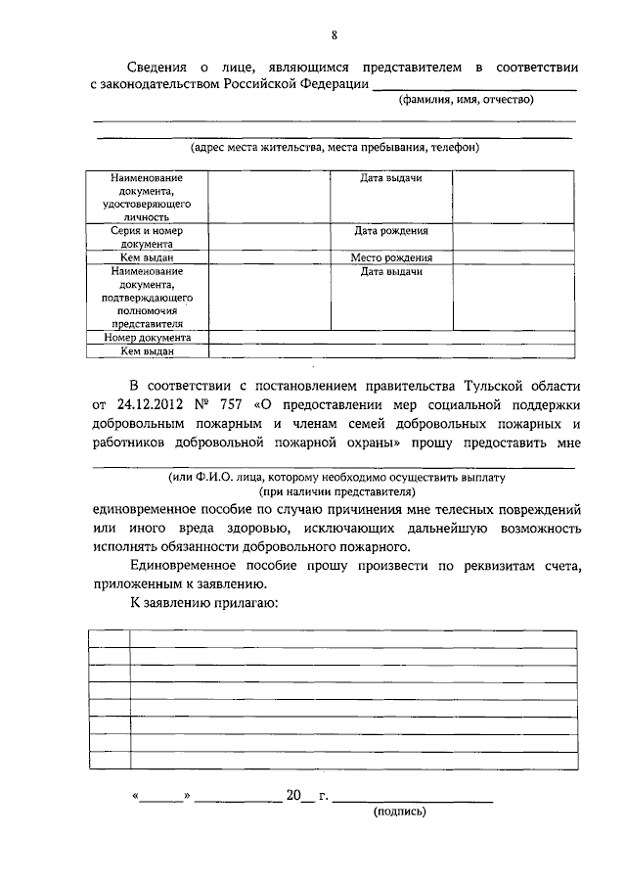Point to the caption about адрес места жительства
335,147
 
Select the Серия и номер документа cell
146,237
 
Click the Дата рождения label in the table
391,232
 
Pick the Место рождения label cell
391,257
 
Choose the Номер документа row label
146,337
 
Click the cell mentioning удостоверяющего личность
146,197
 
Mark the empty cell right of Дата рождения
513,237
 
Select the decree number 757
233,403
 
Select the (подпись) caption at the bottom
400,811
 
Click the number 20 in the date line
294,795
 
